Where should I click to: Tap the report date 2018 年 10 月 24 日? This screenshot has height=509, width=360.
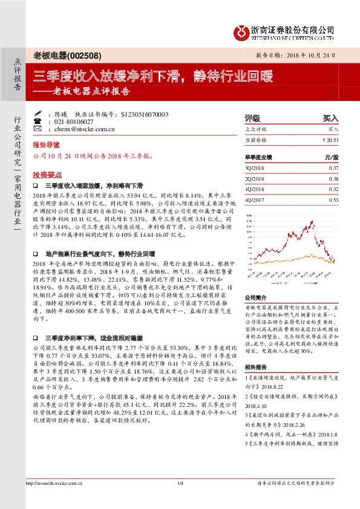pyautogui.click(x=311, y=55)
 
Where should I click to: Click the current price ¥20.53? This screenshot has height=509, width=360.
pyautogui.click(x=329, y=140)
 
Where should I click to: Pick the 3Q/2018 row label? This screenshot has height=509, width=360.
pyautogui.click(x=255, y=167)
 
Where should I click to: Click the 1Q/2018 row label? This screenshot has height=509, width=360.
pyautogui.click(x=255, y=189)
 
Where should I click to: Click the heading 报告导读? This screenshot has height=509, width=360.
pyautogui.click(x=46, y=146)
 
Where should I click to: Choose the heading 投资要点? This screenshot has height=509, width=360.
pyautogui.click(x=46, y=172)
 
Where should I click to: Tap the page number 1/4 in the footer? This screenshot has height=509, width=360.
pyautogui.click(x=180, y=483)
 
